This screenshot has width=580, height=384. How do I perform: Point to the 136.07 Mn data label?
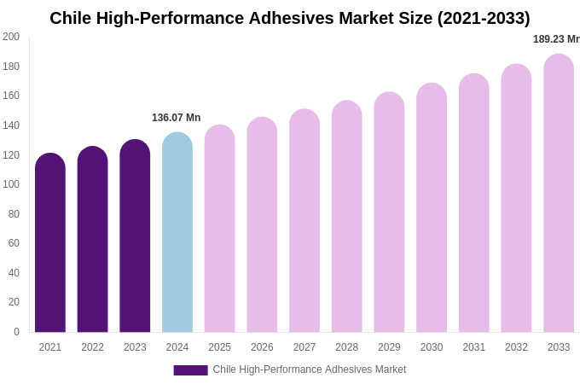click(176, 118)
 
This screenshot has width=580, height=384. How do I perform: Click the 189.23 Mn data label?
click(555, 39)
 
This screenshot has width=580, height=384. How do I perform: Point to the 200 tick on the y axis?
click(11, 37)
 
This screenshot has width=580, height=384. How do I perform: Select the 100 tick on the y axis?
click(11, 184)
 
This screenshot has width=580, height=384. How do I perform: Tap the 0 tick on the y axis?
click(16, 332)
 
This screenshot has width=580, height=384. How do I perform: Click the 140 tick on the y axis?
click(11, 125)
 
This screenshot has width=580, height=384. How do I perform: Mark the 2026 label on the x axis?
click(262, 347)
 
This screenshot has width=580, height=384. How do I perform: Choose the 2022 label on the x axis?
click(92, 347)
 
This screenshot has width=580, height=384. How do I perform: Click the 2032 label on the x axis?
click(516, 347)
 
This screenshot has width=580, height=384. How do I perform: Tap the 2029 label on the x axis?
click(389, 347)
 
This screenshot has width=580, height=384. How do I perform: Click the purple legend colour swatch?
click(190, 370)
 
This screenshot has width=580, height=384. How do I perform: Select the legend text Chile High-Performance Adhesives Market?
click(309, 369)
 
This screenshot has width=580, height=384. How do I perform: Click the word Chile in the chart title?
click(72, 18)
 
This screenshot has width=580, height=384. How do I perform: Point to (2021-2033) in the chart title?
click(484, 18)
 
